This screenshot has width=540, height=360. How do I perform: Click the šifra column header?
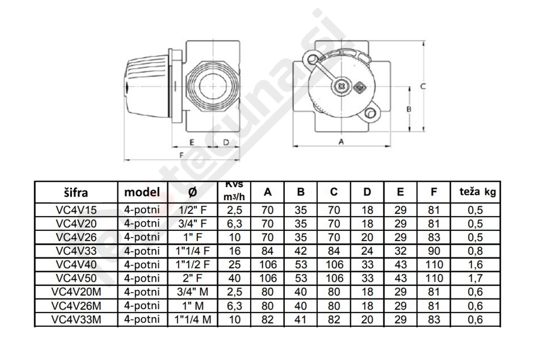[76, 193]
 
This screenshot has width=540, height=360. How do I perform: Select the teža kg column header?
[477, 192]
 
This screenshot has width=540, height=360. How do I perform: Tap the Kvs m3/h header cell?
[234, 192]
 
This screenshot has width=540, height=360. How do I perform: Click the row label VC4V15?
[76, 210]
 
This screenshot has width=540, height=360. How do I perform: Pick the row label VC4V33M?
[76, 320]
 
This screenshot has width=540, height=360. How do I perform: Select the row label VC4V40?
[76, 265]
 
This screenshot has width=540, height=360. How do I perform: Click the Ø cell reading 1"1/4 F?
[193, 251]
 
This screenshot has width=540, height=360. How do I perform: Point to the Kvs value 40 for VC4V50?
[234, 279]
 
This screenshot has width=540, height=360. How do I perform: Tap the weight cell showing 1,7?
[475, 279]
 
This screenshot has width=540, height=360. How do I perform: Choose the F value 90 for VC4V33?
[434, 251]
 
